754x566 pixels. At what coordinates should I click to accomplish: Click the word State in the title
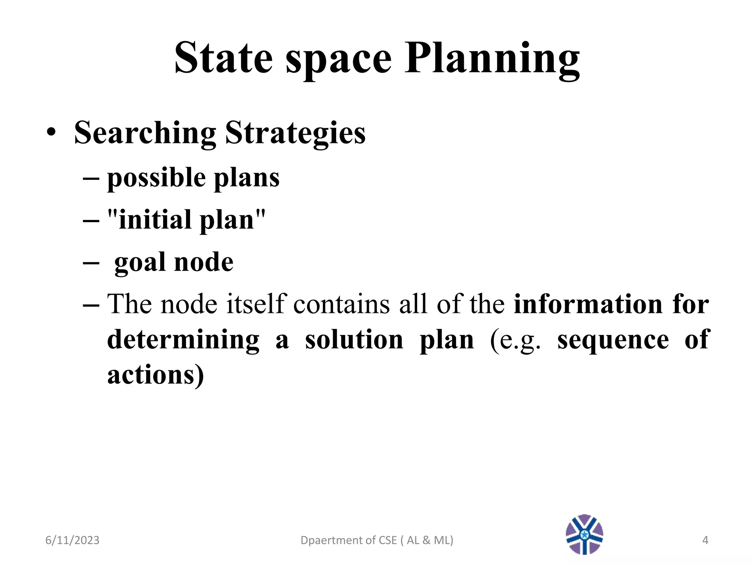(223, 58)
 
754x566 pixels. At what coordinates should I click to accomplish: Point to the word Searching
(145, 133)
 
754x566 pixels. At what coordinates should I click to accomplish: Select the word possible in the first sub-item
(156, 178)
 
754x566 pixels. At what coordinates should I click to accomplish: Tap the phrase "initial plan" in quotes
(186, 220)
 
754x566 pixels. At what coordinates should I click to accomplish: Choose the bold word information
(588, 304)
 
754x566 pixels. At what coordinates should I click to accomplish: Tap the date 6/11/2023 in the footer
(72, 540)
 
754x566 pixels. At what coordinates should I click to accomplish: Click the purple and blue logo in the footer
(584, 534)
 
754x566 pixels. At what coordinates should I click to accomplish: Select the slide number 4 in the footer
(705, 540)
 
